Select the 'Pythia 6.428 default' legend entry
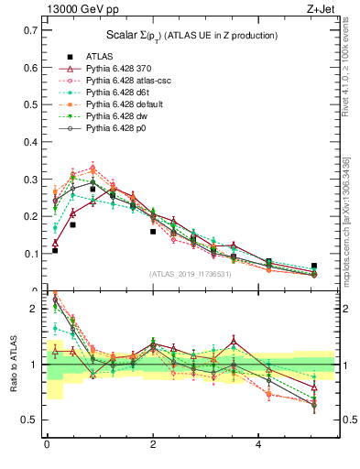point(125,104)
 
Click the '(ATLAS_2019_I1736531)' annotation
point(190,274)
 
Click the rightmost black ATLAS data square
point(314,266)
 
